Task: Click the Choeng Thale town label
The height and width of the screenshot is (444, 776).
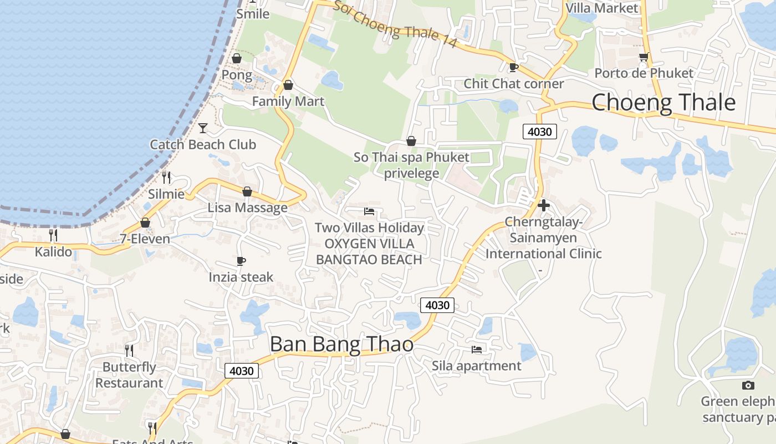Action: pos(663,103)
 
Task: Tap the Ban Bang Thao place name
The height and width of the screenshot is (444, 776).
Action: pos(341,344)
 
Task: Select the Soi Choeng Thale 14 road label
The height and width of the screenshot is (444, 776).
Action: pos(395,24)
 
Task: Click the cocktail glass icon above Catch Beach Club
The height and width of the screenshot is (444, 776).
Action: pos(203,128)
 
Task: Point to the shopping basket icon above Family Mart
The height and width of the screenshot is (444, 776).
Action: pos(288,85)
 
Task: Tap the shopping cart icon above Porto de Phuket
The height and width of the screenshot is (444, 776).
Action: pos(644,57)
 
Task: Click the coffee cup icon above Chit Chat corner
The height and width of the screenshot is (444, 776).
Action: pos(513,67)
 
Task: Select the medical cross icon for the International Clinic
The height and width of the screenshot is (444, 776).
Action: pos(544,205)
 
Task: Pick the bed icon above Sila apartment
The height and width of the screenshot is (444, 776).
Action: pos(477,349)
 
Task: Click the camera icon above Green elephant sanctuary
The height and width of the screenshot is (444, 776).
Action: pos(748,385)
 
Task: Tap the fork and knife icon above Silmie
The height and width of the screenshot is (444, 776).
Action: pos(166,177)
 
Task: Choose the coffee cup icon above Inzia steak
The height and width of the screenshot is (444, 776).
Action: pos(241,260)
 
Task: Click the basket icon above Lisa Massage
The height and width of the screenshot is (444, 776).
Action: pos(247,191)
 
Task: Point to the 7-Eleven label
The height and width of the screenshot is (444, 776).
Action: pos(145,239)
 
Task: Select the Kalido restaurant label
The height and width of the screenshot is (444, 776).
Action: pos(53,251)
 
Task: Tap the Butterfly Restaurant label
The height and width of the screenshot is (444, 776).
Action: pos(129,375)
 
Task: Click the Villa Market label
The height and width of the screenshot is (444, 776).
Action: pos(602,8)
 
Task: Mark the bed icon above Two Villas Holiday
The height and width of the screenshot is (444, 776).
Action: pos(369,211)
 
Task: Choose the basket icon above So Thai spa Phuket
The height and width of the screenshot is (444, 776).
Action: pos(411,141)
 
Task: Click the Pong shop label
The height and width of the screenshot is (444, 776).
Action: pos(237,74)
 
